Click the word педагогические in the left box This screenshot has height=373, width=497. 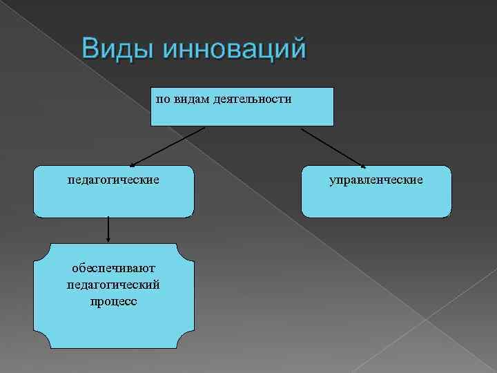point(113,180)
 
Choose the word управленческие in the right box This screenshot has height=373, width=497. point(376,180)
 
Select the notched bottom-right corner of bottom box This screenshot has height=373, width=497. point(188,342)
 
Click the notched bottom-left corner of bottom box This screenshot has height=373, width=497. point(39,342)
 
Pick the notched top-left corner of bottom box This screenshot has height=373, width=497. point(39,249)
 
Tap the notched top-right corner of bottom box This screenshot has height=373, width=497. point(188,249)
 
